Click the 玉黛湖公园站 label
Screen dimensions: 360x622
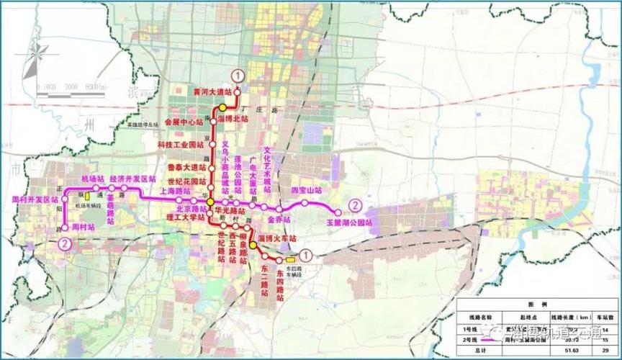click(349, 223)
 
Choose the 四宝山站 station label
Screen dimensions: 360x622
click(306, 191)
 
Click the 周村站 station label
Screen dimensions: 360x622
click(85, 226)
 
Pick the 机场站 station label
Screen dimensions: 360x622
click(92, 178)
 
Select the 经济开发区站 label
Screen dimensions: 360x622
click(132, 178)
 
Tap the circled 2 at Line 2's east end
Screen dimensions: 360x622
click(353, 204)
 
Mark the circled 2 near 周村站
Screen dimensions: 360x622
click(65, 244)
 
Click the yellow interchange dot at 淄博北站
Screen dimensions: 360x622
click(222, 108)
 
